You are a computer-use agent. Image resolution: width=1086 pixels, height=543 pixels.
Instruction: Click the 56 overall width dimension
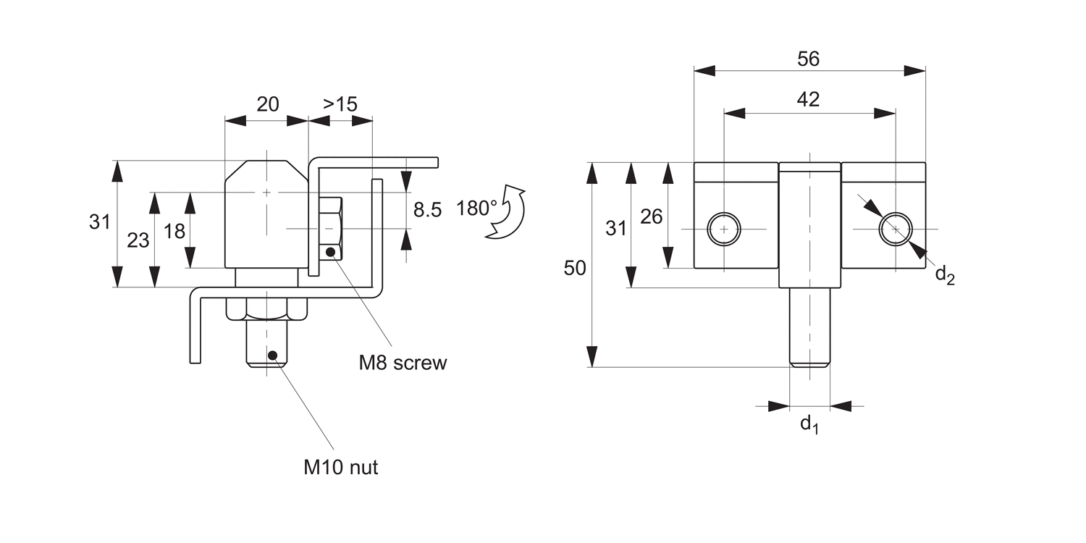[808, 59]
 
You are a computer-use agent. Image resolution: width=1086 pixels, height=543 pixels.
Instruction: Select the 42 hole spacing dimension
[808, 100]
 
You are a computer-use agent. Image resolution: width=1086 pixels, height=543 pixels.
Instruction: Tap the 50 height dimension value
[575, 268]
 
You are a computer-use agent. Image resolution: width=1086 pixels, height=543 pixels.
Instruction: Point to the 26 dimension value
[652, 216]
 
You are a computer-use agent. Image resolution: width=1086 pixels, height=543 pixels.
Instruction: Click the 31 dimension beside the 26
[615, 228]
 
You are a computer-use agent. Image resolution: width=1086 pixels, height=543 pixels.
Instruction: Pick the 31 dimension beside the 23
[100, 222]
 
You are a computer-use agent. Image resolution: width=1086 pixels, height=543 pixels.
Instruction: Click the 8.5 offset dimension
[426, 210]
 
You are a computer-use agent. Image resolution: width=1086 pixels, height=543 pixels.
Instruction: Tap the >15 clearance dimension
[340, 104]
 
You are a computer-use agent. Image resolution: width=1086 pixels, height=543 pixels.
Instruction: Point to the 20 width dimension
[267, 104]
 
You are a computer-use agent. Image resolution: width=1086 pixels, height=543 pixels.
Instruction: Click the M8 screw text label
[403, 363]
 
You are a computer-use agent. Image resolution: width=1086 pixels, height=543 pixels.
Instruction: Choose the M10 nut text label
[340, 468]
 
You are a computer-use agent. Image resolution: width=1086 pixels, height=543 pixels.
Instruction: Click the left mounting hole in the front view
[724, 229]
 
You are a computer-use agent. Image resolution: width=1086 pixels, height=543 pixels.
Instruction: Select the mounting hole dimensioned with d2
[895, 229]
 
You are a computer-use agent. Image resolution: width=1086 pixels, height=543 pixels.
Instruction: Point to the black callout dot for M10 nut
[273, 355]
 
